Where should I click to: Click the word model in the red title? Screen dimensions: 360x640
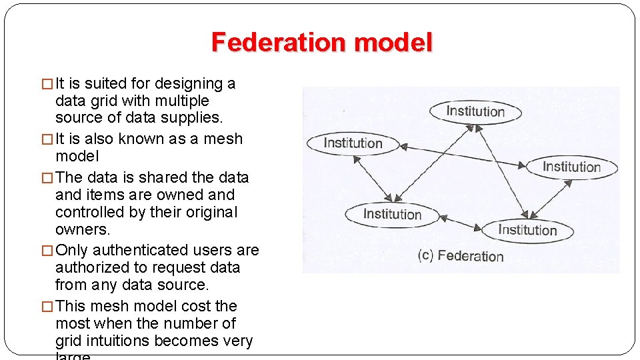[393, 43]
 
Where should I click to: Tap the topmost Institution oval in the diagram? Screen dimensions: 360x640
[475, 111]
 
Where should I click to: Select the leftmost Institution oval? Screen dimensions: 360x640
[353, 143]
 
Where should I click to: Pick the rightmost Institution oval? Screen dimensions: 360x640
[571, 167]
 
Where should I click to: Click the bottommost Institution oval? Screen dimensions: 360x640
[527, 230]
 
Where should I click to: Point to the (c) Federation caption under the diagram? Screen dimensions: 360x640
[461, 256]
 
